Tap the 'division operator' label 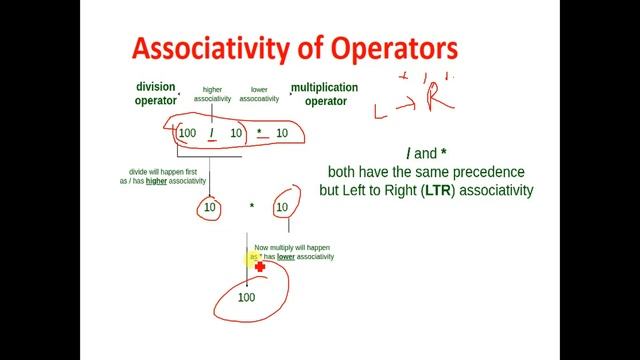pyautogui.click(x=155, y=94)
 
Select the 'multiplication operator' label pyautogui.click(x=326, y=94)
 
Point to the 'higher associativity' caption pyautogui.click(x=212, y=94)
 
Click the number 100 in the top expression pyautogui.click(x=188, y=133)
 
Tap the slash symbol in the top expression pyautogui.click(x=212, y=133)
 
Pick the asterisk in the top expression pyautogui.click(x=259, y=133)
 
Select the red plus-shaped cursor pyautogui.click(x=260, y=266)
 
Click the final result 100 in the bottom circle pyautogui.click(x=247, y=297)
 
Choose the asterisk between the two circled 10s pyautogui.click(x=252, y=208)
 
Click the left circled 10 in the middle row pyautogui.click(x=210, y=208)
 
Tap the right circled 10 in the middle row pyautogui.click(x=282, y=208)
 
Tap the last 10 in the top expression pyautogui.click(x=282, y=133)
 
